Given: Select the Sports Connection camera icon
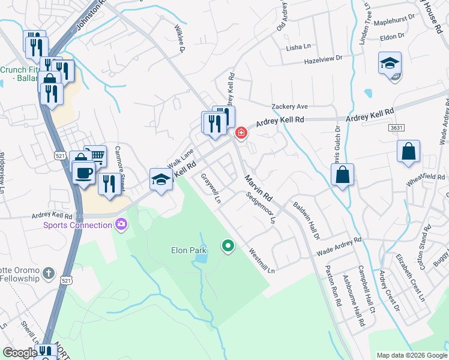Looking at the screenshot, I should pos(122,224).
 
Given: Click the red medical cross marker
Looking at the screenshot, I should pos(241,132).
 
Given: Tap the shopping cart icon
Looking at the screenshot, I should pos(95,156).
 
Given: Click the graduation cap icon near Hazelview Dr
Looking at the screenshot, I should pos(390,63).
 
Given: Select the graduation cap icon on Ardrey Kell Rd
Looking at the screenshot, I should pos(161,179).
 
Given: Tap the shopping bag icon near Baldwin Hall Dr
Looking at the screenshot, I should pos(342,175).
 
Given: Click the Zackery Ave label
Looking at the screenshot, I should pos(289,106).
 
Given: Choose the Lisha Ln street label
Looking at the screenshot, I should pos(298,47).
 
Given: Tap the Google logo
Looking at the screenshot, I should pos(20,353).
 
